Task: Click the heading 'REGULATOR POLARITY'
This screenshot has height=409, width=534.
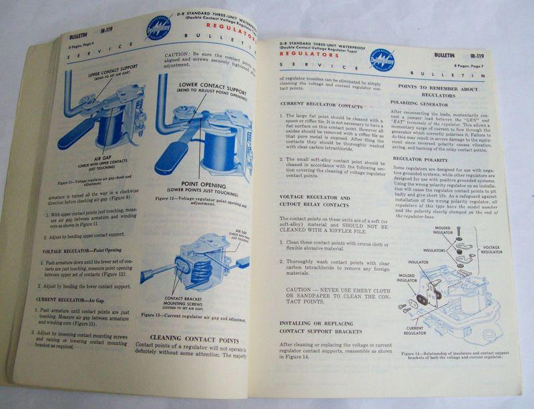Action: (x=420, y=159)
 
